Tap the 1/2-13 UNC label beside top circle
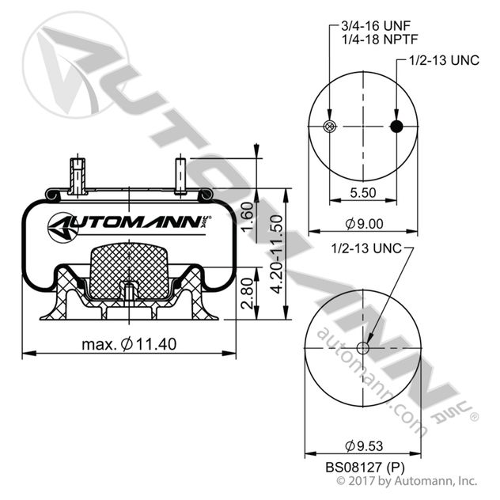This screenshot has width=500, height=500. (x=444, y=61)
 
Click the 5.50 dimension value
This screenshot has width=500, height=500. (x=365, y=193)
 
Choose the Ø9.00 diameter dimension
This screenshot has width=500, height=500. (x=365, y=225)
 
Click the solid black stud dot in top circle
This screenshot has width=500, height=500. (x=398, y=127)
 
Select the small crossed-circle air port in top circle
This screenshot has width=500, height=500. (x=331, y=127)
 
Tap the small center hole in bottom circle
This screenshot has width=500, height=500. (x=365, y=347)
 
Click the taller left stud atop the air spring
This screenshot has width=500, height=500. (x=77, y=176)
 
